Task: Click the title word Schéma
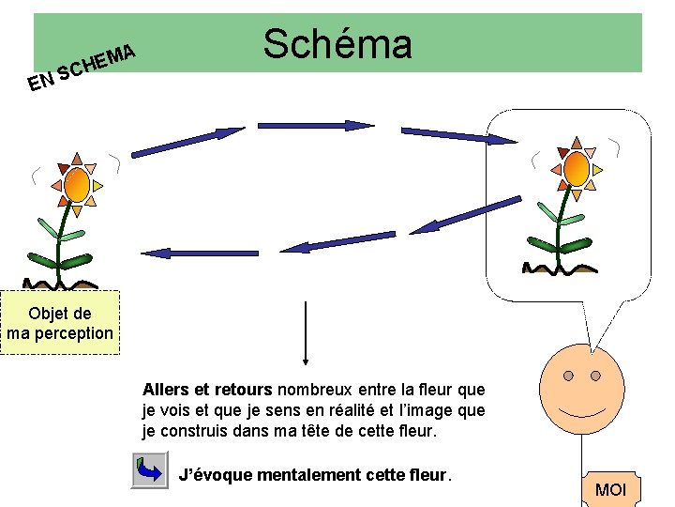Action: click(337, 43)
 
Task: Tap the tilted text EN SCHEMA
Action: click(83, 68)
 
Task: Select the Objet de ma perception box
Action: click(60, 323)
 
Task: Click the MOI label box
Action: click(610, 489)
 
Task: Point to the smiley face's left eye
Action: click(569, 376)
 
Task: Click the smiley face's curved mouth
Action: click(582, 411)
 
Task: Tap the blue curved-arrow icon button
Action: click(148, 469)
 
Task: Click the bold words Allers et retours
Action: click(206, 389)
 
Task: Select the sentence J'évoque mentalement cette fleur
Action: click(315, 474)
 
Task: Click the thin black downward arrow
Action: click(306, 332)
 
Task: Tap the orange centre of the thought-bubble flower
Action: click(576, 169)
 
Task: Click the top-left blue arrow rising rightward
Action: click(187, 140)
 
